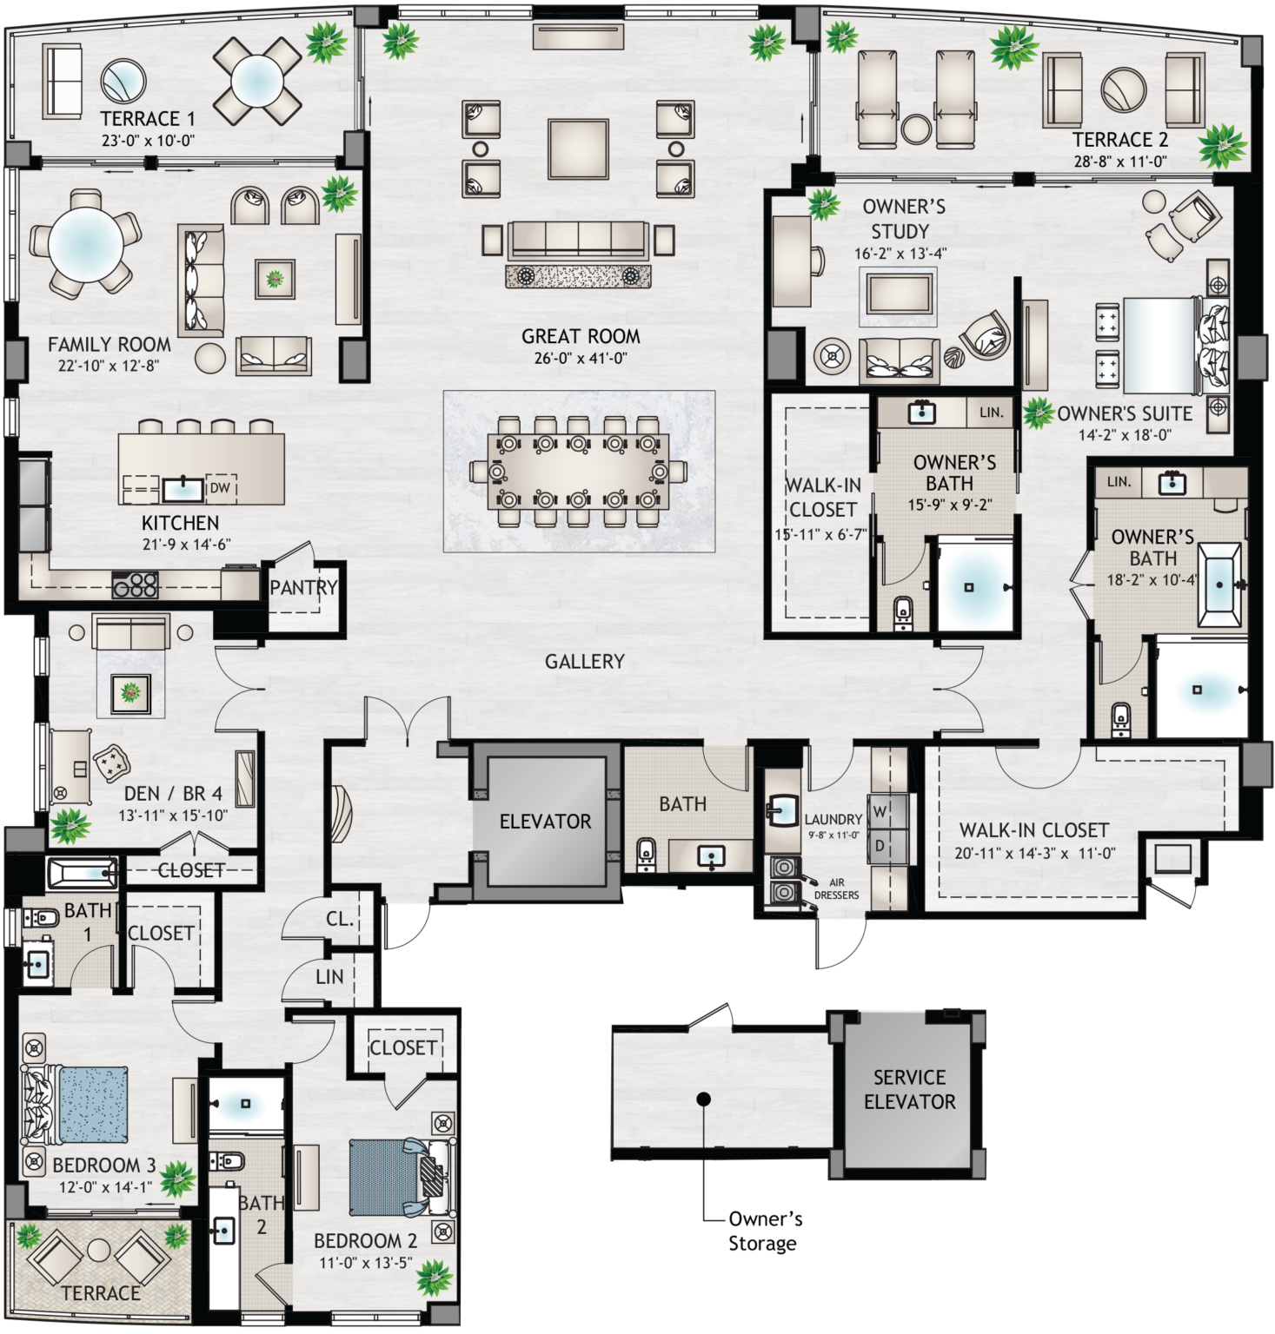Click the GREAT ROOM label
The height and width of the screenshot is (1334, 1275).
[581, 337]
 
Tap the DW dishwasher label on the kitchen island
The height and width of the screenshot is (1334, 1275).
[220, 488]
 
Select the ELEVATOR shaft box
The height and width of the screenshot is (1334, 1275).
[545, 821]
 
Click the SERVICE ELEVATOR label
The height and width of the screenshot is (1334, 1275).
[909, 1090]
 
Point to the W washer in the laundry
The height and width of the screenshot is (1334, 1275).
[880, 812]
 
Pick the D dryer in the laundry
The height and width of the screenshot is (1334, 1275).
[880, 846]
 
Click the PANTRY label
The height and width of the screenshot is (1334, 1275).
[303, 588]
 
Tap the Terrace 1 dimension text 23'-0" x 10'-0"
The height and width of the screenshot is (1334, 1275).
[148, 140]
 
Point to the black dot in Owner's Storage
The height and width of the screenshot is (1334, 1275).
[704, 1100]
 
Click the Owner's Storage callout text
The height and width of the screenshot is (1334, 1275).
[764, 1232]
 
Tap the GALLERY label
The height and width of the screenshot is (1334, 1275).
[584, 662]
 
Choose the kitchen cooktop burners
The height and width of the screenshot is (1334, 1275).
[136, 584]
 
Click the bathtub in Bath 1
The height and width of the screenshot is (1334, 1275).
[83, 873]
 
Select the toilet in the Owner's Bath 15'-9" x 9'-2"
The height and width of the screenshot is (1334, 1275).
[903, 613]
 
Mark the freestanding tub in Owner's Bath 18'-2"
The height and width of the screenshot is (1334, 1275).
[1219, 584]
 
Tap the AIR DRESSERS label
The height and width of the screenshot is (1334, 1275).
[836, 888]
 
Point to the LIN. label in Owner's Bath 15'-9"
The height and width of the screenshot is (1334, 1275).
[991, 413]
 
